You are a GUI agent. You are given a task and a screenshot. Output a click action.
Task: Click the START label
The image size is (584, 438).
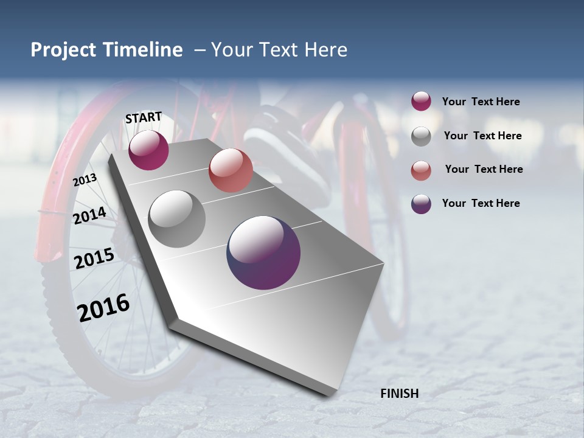click(144, 117)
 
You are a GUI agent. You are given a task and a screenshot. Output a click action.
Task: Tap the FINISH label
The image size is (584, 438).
click(399, 394)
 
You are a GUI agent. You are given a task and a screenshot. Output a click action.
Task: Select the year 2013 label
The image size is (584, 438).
click(85, 180)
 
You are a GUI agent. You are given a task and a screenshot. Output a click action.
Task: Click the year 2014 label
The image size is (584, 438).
click(89, 216)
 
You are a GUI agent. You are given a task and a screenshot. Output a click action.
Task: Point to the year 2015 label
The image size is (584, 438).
click(94, 259)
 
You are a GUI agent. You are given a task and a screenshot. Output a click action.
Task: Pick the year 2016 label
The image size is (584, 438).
click(103, 307)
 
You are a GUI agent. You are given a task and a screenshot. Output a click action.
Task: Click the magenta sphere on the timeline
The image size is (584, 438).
click(148, 150)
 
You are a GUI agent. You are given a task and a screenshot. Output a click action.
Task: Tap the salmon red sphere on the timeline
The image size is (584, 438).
click(231, 170)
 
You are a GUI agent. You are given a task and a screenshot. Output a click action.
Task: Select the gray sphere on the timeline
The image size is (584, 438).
click(176, 219)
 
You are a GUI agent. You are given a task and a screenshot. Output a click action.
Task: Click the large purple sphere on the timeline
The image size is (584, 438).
click(263, 252)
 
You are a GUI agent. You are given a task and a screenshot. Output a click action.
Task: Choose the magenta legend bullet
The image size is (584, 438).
click(421, 102)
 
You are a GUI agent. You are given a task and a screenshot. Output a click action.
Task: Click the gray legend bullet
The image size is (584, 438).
click(421, 136)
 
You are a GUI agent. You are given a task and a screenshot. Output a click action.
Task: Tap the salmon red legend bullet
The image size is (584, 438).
click(421, 170)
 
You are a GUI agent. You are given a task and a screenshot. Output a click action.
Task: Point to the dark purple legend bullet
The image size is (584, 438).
click(421, 204)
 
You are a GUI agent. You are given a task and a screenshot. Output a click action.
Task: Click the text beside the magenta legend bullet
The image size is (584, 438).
click(481, 102)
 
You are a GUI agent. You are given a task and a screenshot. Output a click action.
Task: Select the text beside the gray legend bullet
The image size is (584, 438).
click(482, 136)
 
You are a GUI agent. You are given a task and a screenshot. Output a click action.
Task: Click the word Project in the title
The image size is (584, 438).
click(64, 50)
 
